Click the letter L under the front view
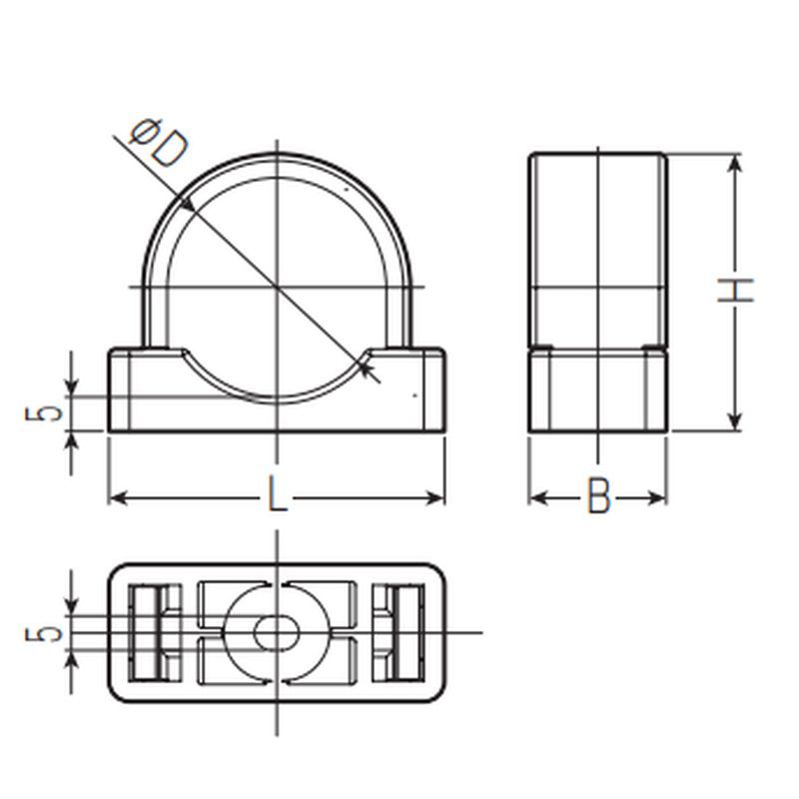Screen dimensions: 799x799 (x=277, y=494)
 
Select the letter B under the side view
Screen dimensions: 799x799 (x=598, y=495)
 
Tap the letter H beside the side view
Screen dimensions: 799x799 (x=735, y=291)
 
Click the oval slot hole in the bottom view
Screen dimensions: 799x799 (x=277, y=633)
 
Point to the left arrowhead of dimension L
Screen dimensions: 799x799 (x=119, y=497)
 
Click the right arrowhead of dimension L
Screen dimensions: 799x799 (x=434, y=497)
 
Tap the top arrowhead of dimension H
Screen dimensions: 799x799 (x=734, y=164)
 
